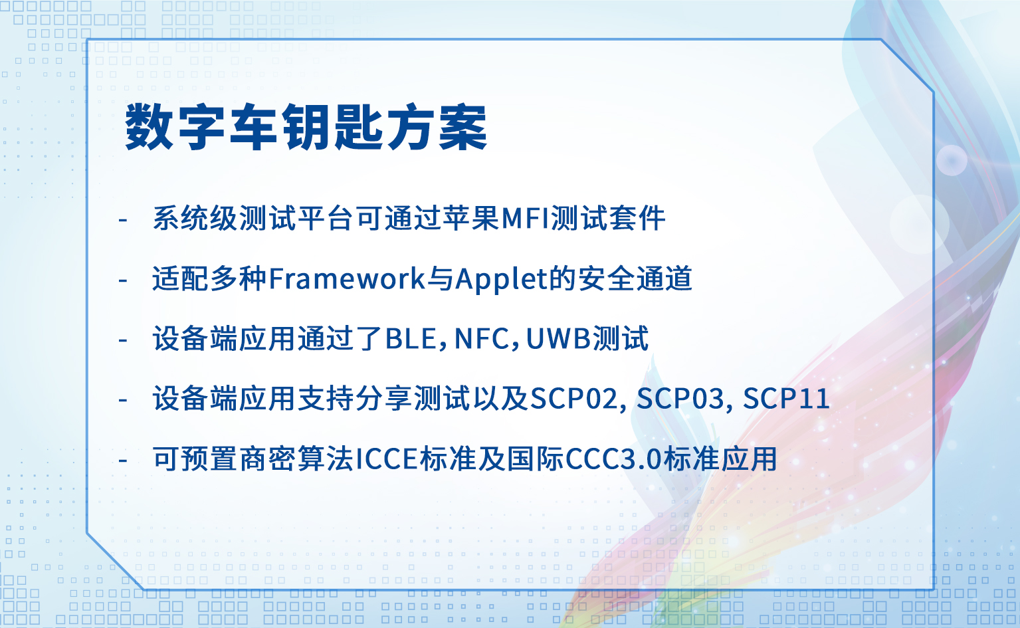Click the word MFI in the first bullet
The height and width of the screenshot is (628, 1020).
(526, 219)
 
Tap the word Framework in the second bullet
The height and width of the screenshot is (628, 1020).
(347, 278)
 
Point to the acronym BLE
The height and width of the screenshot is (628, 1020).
(411, 339)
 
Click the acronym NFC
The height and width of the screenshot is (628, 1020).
(481, 339)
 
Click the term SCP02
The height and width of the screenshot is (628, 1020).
(573, 399)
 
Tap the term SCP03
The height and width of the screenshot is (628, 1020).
(679, 399)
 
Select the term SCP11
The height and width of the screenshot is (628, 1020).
(786, 399)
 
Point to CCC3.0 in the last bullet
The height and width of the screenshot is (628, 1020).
(613, 459)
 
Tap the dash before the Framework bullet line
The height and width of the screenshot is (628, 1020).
(122, 280)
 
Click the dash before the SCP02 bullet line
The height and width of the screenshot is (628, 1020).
(122, 400)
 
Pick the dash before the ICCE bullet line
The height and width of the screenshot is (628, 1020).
(122, 461)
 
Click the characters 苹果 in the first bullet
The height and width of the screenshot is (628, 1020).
(472, 219)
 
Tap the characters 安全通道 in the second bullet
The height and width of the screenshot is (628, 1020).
(635, 278)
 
